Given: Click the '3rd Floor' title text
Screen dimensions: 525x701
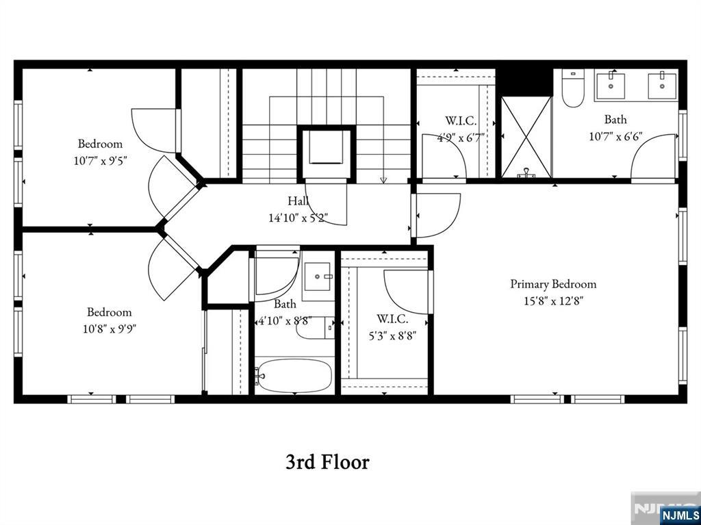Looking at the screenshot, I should (327, 462).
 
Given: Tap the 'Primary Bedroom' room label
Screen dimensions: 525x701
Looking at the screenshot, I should (553, 284).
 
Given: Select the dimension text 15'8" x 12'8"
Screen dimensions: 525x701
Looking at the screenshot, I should (553, 300).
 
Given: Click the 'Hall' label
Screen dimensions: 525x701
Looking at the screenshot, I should (298, 201).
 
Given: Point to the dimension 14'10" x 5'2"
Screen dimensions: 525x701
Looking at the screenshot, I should (298, 218).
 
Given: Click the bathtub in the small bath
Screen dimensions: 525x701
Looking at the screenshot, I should (294, 376).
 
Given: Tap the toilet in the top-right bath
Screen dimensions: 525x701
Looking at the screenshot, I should (572, 89).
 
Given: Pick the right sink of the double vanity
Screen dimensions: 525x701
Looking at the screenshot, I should (661, 86).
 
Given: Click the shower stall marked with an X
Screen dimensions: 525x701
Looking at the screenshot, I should (526, 137).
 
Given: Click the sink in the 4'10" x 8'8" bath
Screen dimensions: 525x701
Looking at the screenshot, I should (318, 277).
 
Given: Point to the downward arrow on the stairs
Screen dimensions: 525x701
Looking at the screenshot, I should (383, 179).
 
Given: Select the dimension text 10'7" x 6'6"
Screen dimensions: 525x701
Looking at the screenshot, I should (615, 136).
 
